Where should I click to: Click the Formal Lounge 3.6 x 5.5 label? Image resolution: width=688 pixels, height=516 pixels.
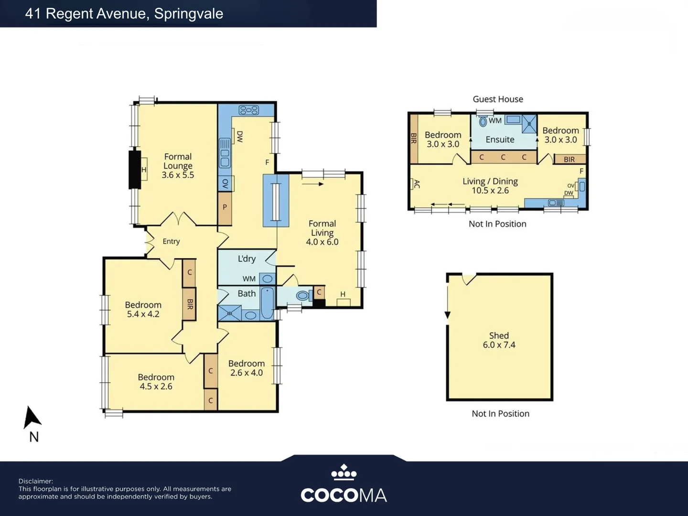(178, 166)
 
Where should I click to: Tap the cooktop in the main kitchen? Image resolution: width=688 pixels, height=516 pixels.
(248, 110)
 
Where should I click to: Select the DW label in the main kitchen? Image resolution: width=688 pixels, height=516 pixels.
(240, 137)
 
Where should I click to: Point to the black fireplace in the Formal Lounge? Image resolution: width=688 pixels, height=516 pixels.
(135, 170)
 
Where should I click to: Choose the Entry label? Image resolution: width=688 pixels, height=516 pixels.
(171, 241)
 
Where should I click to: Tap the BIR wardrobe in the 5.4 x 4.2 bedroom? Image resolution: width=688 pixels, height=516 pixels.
(189, 304)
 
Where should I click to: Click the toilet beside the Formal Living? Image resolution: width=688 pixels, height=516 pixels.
(303, 295)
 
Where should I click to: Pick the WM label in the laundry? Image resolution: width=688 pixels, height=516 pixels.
(249, 279)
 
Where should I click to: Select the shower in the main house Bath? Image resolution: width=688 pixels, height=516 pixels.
(230, 313)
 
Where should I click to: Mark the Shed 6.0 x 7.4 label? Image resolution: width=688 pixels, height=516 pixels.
(499, 340)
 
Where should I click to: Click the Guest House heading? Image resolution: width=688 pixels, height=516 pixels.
(498, 99)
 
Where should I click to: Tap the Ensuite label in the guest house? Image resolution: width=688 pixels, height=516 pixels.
(500, 140)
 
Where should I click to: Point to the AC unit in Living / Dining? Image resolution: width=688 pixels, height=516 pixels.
(412, 184)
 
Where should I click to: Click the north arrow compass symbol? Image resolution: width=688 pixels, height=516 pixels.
(32, 418)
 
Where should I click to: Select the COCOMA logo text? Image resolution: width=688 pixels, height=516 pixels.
(344, 495)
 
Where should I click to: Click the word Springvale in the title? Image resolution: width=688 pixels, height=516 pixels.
(189, 14)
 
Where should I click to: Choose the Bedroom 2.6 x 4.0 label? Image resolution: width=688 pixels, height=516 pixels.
(247, 368)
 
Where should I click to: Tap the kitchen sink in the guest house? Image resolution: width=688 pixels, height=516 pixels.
(556, 203)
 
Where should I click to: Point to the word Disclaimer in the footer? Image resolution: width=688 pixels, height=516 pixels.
(35, 481)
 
